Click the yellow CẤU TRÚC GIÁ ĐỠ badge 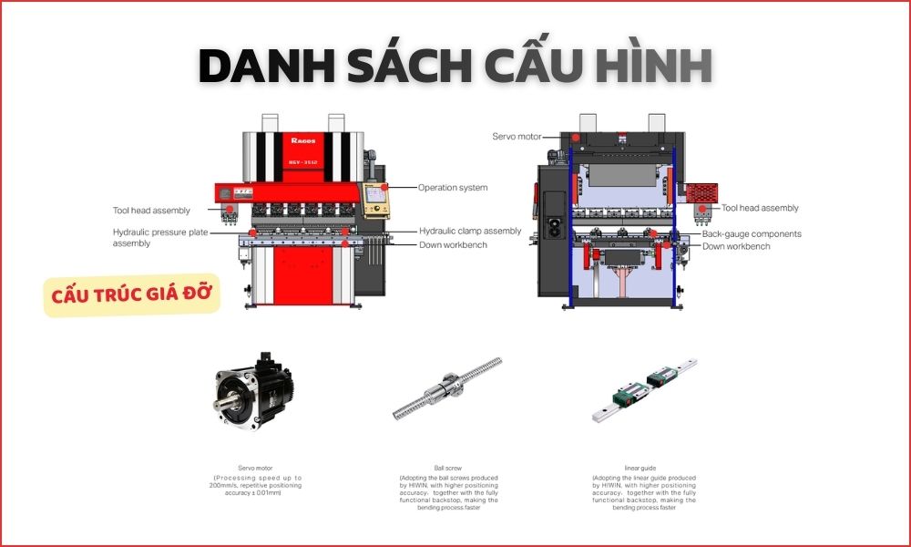coord(132,294)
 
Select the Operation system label coord(453,188)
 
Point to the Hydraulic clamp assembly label coord(470,231)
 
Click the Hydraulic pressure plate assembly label coord(160,238)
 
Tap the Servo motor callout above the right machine coord(517,137)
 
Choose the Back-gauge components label coord(752,234)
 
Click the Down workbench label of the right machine coord(736,246)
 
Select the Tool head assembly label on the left coord(151,211)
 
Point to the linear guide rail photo coord(645,388)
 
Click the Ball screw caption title coord(448,468)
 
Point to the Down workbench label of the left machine coord(453,244)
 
